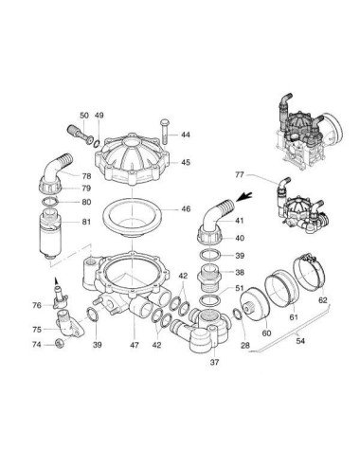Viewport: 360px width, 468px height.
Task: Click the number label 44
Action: coord(185,135)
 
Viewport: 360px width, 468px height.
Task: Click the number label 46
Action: coord(185,208)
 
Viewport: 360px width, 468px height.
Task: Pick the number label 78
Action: coord(86,177)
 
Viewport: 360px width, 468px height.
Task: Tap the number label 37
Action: coord(213,362)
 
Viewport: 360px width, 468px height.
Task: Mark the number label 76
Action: coord(37,305)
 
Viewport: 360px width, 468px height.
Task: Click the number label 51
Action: coord(239,288)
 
